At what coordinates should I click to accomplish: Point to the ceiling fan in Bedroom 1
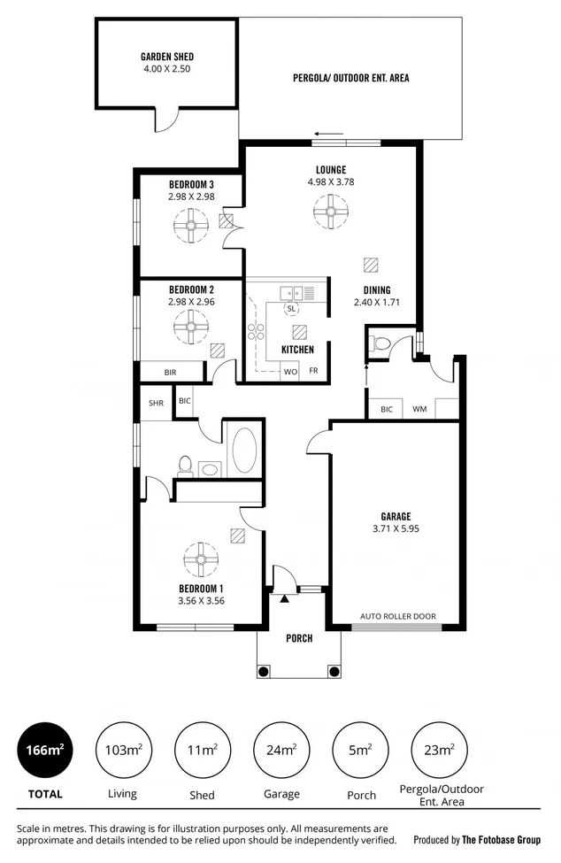coord(201,559)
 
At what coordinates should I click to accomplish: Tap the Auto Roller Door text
coord(397,616)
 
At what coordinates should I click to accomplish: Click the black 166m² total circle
coord(42,751)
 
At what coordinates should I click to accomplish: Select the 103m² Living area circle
coord(122,751)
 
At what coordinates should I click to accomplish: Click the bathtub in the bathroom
coord(243,451)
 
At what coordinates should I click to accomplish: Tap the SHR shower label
coord(156,403)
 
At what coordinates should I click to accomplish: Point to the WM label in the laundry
coord(419,410)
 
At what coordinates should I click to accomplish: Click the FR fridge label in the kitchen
coord(313,371)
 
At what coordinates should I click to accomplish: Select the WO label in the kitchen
coord(289,371)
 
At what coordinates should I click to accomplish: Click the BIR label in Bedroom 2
coord(170,373)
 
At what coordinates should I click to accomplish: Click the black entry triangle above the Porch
coord(285,599)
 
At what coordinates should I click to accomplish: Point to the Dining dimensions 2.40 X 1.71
coord(379,302)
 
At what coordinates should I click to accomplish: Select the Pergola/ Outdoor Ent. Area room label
coord(351,78)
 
